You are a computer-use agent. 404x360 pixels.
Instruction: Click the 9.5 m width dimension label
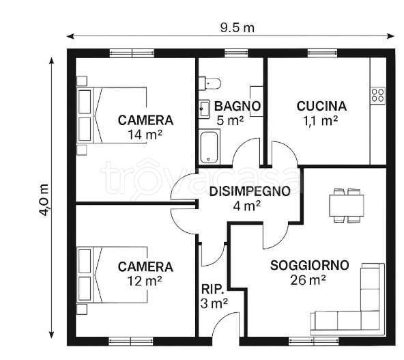pos(237,28)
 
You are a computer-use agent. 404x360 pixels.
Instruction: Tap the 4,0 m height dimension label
pos(44,200)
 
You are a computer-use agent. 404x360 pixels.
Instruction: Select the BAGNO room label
pos(237,107)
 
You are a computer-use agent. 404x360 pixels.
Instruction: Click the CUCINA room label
pos(321,107)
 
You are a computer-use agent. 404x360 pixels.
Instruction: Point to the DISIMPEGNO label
pos(250,191)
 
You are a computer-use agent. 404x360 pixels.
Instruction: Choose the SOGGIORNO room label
pos(309,265)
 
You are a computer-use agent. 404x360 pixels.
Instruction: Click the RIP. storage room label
pos(212,290)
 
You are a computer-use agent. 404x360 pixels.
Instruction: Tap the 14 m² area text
pos(145,135)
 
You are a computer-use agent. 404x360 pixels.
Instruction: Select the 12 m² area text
pos(145,281)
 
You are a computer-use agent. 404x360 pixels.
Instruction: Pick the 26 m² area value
pos(308,280)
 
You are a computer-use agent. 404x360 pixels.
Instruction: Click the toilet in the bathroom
pos(210,83)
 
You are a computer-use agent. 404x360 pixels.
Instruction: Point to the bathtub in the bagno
pos(209,146)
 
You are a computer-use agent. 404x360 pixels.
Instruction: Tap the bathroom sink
pos(204,109)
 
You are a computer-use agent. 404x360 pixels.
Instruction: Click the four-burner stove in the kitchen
pos(377,96)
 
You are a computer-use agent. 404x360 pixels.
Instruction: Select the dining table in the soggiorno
pos(347,205)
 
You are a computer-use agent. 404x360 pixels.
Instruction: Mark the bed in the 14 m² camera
pos(112,115)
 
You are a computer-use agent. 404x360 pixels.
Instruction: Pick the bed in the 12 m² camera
pos(112,275)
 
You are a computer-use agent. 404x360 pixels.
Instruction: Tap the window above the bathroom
pos(236,53)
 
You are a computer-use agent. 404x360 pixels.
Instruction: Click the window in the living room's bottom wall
pos(313,342)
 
